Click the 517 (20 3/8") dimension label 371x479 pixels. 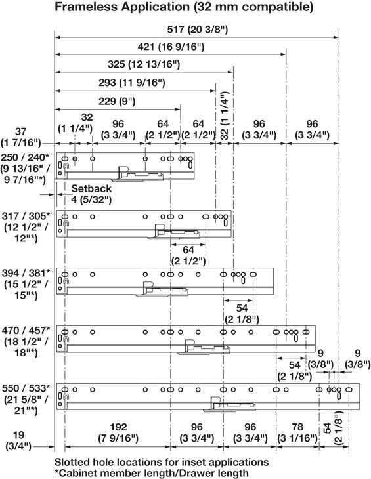pyautogui.click(x=198, y=30)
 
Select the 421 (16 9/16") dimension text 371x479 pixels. pyautogui.click(x=171, y=47)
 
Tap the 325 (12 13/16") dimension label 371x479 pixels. pyautogui.click(x=144, y=64)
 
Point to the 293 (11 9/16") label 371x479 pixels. pyautogui.click(x=132, y=83)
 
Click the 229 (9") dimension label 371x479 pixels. pyautogui.click(x=117, y=101)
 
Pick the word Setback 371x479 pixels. pyautogui.click(x=91, y=188)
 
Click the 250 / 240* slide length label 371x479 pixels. pyautogui.click(x=25, y=157)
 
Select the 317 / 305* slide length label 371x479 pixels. pyautogui.click(x=26, y=216)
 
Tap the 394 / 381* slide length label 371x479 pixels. pyautogui.click(x=26, y=273)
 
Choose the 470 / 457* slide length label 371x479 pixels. pyautogui.click(x=26, y=331)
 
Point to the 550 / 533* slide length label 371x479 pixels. pyautogui.click(x=26, y=388)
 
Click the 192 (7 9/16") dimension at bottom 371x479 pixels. pyautogui.click(x=118, y=432)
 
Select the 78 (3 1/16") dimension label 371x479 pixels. pyautogui.click(x=297, y=432)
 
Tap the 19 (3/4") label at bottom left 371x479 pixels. pyautogui.click(x=18, y=440)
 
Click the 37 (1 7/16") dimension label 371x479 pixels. pyautogui.click(x=21, y=137)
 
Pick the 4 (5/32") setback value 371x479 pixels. pyautogui.click(x=91, y=199)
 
